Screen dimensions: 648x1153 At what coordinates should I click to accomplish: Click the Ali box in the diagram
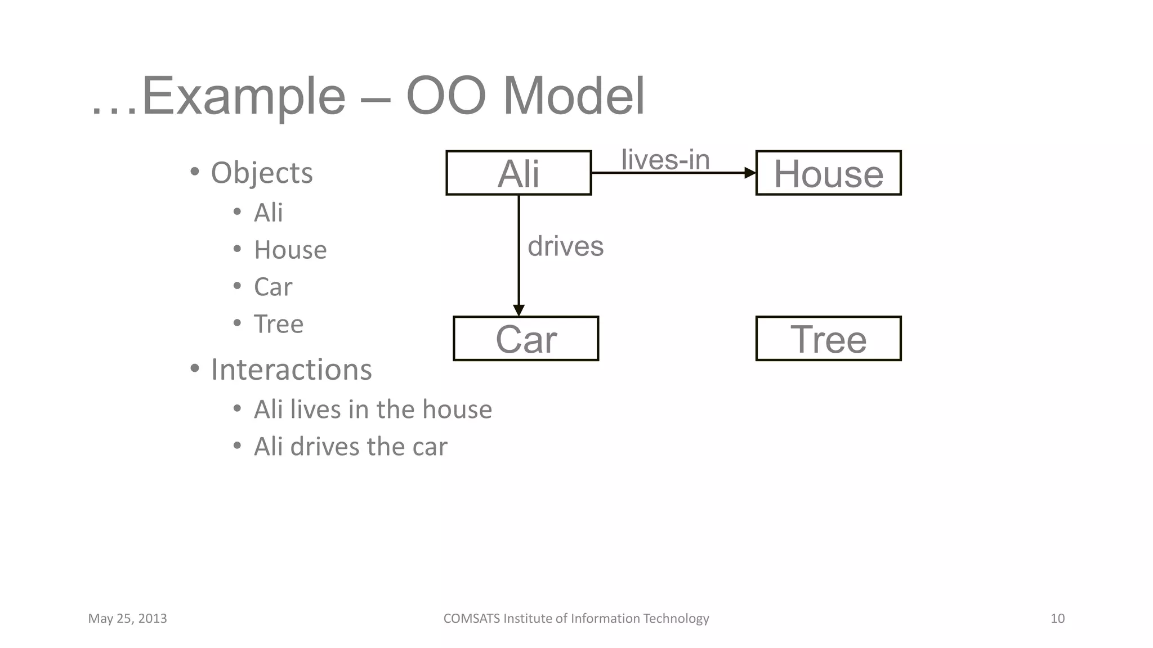(518, 173)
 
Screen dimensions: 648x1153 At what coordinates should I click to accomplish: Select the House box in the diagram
(828, 173)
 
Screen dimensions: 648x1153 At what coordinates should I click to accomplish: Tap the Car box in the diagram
(526, 339)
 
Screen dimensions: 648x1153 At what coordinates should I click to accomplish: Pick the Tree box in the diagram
(828, 339)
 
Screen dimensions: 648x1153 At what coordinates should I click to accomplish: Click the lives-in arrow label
(665, 159)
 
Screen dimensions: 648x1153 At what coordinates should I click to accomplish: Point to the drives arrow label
(565, 246)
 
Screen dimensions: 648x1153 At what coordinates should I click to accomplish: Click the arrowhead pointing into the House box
(750, 173)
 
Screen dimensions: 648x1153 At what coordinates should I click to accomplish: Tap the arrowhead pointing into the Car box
(519, 310)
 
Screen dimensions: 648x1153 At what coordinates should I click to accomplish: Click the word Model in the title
(573, 96)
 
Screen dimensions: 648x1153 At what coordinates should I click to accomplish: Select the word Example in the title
(243, 96)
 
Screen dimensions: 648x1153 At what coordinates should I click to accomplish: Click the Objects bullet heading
(262, 173)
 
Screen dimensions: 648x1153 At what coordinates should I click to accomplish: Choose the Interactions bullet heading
(291, 370)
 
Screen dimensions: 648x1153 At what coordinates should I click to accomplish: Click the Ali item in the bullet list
(268, 213)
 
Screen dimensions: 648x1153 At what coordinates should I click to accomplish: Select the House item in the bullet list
(290, 250)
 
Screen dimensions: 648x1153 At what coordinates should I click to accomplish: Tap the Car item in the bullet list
(273, 287)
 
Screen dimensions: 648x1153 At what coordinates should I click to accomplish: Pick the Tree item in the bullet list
(279, 324)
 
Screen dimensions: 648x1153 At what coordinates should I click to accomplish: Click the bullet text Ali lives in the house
(373, 409)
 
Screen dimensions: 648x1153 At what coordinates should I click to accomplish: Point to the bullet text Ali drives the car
(350, 447)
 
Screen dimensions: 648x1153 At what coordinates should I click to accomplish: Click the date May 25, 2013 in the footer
(127, 619)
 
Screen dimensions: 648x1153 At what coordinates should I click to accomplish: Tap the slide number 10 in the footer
(1057, 619)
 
